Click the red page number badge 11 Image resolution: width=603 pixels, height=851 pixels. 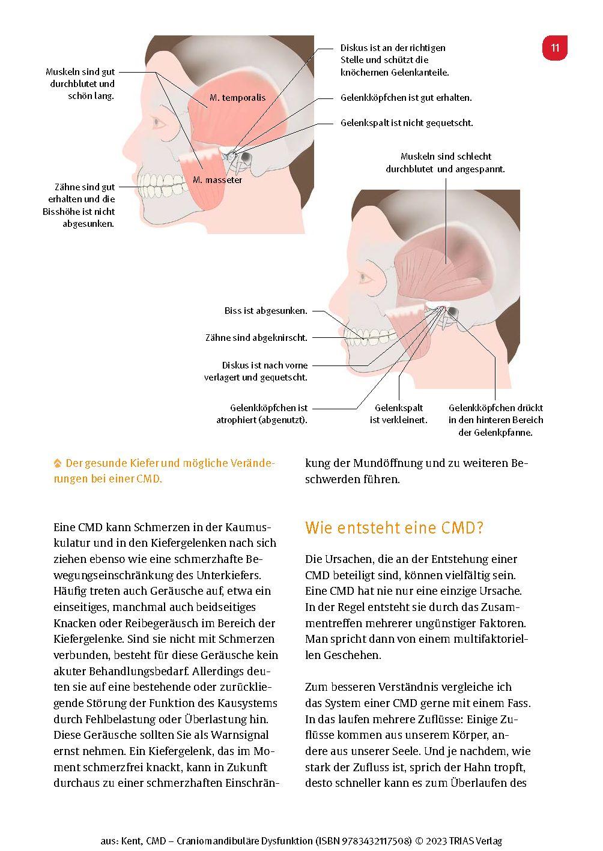(554, 48)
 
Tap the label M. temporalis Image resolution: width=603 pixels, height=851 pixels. (237, 97)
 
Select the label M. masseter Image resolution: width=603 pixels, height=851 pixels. (217, 179)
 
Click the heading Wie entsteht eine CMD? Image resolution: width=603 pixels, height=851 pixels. (394, 528)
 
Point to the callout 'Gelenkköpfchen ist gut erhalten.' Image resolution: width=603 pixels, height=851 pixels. (406, 97)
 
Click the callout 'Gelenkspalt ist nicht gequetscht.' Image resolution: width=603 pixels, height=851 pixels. (407, 122)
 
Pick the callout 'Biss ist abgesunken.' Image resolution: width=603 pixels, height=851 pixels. (265, 311)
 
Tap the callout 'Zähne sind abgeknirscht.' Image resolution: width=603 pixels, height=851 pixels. (256, 338)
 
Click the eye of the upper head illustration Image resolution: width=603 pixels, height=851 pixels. (159, 122)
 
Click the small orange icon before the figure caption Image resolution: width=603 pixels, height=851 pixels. (58, 463)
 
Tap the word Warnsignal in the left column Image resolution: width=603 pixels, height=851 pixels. (237, 735)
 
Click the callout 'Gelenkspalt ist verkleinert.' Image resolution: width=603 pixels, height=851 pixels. (398, 414)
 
